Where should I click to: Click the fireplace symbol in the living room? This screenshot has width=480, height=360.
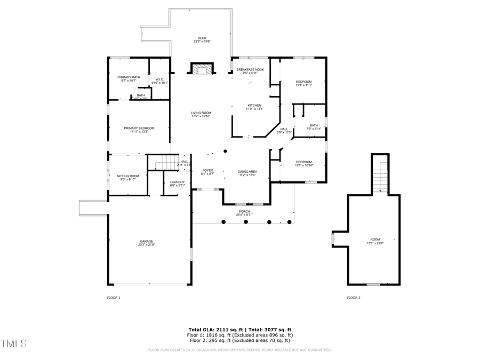[x=202, y=69]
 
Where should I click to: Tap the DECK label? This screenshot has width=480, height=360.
[x=202, y=38]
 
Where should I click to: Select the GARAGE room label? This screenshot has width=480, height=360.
[x=146, y=242]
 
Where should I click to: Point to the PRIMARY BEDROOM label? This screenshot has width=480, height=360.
[x=139, y=128]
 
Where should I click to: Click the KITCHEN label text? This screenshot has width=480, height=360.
[x=254, y=105]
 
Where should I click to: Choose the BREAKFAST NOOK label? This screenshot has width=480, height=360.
[x=251, y=70]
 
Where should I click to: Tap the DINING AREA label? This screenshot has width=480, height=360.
[x=247, y=171]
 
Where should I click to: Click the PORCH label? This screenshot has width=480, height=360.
[x=244, y=212]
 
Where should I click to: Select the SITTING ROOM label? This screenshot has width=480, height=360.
[x=128, y=176]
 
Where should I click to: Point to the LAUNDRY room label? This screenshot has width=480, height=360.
[x=178, y=182]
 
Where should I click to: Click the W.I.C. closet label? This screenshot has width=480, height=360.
[x=159, y=79]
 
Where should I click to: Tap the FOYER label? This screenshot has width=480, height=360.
[x=207, y=170]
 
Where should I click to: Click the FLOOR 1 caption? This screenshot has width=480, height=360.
[x=114, y=298]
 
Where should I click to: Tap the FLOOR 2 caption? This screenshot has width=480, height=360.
[x=354, y=298]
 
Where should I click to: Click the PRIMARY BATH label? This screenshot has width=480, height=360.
[x=129, y=77]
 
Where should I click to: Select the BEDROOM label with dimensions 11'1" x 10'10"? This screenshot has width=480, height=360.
[x=304, y=162]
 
